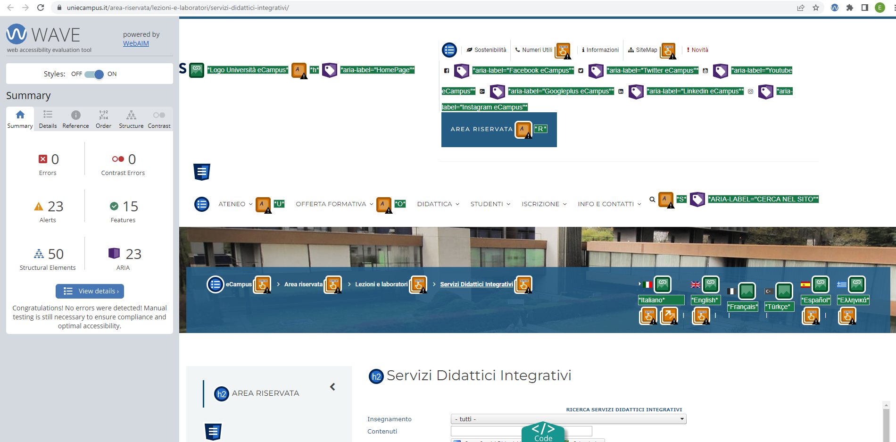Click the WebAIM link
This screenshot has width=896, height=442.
(x=136, y=43)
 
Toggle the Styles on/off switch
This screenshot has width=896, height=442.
(x=94, y=74)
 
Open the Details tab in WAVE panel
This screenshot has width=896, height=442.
(x=48, y=119)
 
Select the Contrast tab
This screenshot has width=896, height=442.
(x=159, y=119)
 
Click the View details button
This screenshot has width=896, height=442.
(x=90, y=291)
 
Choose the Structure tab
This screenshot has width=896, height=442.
(x=131, y=119)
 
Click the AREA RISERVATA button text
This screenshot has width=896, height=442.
(x=481, y=129)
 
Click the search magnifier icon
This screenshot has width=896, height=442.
(x=652, y=200)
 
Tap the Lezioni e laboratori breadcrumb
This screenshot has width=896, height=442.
(x=381, y=284)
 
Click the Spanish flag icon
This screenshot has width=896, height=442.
(x=805, y=284)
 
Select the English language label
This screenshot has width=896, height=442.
(x=705, y=300)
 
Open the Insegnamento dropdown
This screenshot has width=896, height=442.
(x=568, y=419)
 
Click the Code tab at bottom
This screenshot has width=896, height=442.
(x=543, y=432)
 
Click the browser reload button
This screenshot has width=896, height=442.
(x=41, y=8)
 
